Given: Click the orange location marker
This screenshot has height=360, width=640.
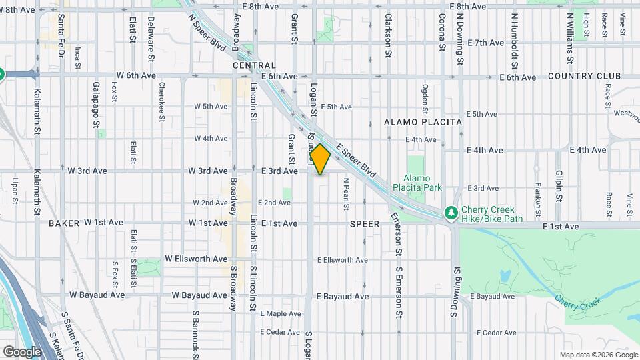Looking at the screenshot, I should (320, 159).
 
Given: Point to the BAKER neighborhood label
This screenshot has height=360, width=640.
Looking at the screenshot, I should (64, 223).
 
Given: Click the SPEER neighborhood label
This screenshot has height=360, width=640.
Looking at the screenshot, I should (364, 224).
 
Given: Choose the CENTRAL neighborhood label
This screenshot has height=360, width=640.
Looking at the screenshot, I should (254, 65).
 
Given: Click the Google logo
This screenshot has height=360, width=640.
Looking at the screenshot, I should (22, 351).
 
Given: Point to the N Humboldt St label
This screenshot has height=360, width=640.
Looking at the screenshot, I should (515, 35).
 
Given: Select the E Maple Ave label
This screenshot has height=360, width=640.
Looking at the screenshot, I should (281, 313).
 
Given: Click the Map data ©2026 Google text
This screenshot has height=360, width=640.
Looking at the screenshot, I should (599, 355).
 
